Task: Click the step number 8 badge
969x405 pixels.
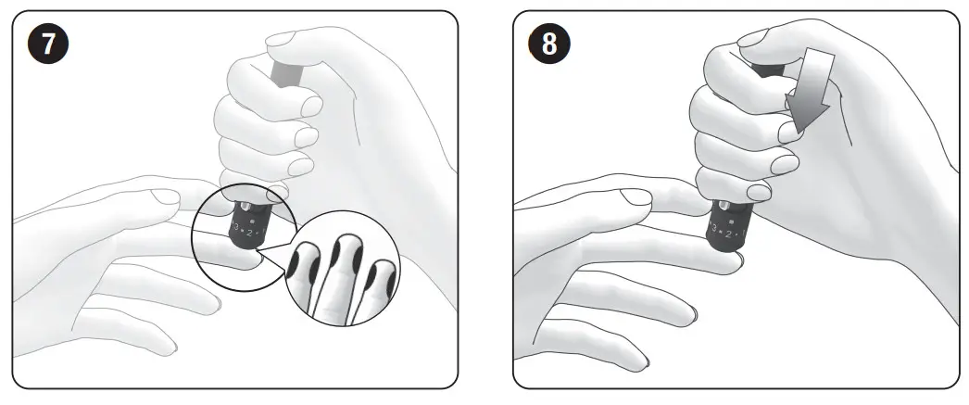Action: click(548, 44)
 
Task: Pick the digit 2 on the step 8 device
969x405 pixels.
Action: click(728, 234)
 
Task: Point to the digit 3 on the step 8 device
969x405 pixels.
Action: click(713, 226)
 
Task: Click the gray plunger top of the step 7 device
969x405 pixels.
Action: click(278, 70)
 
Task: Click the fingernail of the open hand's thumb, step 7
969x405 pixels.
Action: click(168, 196)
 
